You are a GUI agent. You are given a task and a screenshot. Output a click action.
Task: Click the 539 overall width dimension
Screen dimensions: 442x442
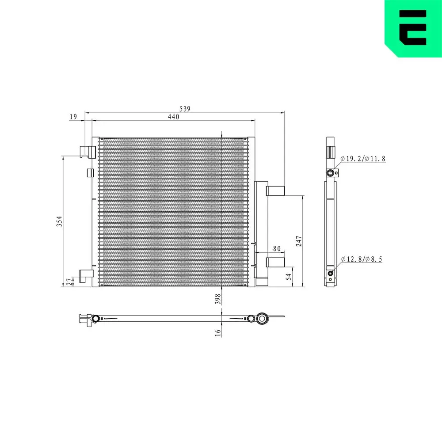pyautogui.click(x=185, y=109)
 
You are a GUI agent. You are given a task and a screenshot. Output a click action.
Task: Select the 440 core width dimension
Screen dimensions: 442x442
pyautogui.click(x=173, y=117)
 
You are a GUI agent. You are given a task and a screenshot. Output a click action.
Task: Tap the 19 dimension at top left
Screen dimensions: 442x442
pyautogui.click(x=73, y=117)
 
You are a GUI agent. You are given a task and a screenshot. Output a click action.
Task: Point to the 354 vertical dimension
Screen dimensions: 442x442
pyautogui.click(x=59, y=221)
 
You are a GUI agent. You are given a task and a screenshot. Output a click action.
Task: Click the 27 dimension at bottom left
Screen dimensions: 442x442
pyautogui.click(x=69, y=282)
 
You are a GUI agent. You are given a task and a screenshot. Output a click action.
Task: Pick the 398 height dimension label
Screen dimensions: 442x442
pyautogui.click(x=217, y=299)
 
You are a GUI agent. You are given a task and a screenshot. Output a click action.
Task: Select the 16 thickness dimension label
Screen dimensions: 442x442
pyautogui.click(x=217, y=332)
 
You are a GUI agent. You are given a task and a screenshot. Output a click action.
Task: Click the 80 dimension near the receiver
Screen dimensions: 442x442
pyautogui.click(x=277, y=249)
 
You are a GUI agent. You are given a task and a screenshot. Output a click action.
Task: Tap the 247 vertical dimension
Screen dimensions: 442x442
pyautogui.click(x=298, y=241)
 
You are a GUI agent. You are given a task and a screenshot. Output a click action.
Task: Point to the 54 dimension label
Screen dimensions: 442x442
pyautogui.click(x=289, y=277)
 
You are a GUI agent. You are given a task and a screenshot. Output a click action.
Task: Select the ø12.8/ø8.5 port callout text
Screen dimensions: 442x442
pyautogui.click(x=361, y=259)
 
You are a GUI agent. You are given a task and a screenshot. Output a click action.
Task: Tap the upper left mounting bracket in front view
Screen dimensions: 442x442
pyautogui.click(x=87, y=152)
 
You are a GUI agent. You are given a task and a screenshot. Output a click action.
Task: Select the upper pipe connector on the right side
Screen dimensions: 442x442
pyautogui.click(x=275, y=191)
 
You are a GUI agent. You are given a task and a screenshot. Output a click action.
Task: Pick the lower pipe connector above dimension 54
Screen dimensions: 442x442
pyautogui.click(x=275, y=262)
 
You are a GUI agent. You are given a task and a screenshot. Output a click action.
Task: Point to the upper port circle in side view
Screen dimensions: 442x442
pyautogui.click(x=330, y=173)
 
